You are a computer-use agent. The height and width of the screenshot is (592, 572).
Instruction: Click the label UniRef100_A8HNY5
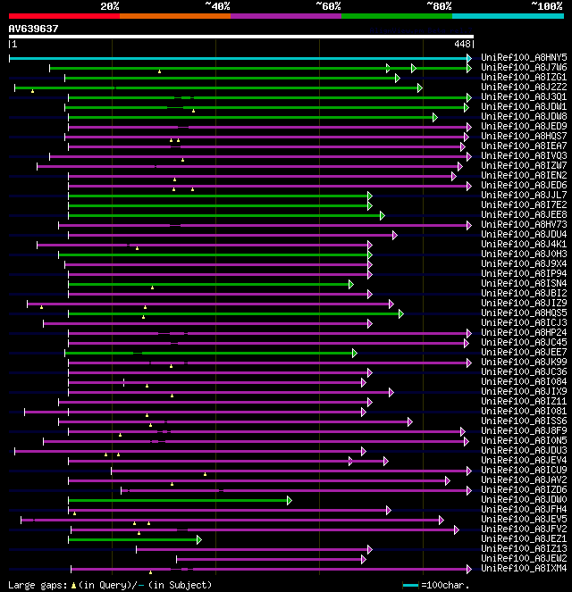524,58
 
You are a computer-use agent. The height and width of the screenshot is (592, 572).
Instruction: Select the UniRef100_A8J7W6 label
524,68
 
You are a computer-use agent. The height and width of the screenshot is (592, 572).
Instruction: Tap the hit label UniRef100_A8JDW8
524,117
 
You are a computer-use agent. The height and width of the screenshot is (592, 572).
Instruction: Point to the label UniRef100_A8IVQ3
524,156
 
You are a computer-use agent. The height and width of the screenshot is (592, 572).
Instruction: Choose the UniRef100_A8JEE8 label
524,215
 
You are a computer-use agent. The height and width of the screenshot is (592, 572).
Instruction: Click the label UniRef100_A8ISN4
524,284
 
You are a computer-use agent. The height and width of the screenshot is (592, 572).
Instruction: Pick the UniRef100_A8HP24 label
524,333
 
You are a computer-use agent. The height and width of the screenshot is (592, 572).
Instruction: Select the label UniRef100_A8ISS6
524,421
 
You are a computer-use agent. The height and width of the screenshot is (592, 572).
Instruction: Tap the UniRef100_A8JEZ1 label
524,539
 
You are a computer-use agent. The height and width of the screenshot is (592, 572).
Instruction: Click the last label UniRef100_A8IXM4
524,569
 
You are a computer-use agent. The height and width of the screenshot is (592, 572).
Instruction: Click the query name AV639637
34,29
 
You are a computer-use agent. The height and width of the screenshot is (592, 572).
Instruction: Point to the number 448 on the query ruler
462,44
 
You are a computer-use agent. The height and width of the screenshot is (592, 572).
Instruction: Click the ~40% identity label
217,6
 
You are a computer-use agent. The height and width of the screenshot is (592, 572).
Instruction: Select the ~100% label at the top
546,6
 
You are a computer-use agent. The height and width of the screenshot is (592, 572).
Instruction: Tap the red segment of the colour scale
63,16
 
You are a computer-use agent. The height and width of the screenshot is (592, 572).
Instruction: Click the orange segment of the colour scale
174,16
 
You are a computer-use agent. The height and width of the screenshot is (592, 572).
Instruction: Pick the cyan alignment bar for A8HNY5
240,58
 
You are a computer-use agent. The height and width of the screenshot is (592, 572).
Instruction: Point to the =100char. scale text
445,586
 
